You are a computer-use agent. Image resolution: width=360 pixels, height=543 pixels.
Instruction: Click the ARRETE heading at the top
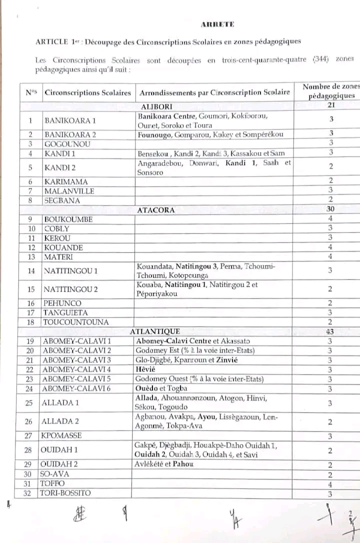pos(217,24)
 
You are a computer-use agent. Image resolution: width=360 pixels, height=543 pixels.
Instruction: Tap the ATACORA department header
pos(156,210)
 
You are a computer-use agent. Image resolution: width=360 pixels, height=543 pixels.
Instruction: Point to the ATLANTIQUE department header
pos(154,331)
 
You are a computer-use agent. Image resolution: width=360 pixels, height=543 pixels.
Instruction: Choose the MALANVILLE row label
pos(69,191)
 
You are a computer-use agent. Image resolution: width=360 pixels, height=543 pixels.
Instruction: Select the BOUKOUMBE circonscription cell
pos(68,219)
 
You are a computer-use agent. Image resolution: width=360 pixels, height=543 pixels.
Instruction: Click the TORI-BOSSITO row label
pos(67,493)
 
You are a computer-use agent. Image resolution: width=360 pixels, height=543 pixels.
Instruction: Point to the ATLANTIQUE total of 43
pos(330,331)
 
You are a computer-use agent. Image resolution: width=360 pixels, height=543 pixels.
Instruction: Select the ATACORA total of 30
pos(330,209)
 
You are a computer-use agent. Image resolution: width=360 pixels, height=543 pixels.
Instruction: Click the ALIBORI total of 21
pos(330,105)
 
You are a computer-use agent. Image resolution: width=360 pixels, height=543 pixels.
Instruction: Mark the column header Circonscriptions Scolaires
pos(87,93)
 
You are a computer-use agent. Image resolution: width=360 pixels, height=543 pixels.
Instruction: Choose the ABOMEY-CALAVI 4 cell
pos(76,369)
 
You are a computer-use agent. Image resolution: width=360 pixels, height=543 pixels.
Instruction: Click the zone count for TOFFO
pos(330,484)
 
